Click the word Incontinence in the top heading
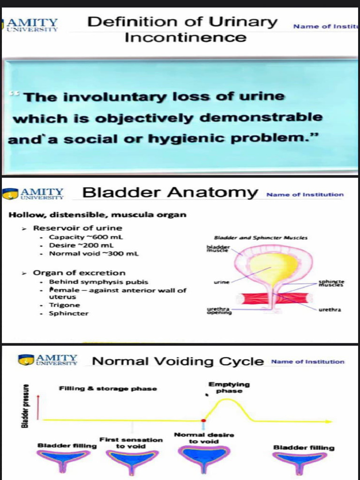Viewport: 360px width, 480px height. click(x=185, y=37)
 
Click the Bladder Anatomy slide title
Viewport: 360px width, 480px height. click(x=170, y=193)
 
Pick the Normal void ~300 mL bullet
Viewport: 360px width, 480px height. click(x=94, y=254)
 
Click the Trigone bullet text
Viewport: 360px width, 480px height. click(x=64, y=305)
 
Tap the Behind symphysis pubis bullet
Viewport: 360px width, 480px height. click(x=98, y=282)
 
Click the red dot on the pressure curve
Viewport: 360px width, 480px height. click(x=203, y=420)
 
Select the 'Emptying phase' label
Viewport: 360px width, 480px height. click(x=229, y=388)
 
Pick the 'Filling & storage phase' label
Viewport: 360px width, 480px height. click(x=108, y=389)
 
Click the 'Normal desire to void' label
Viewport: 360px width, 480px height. click(x=203, y=438)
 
